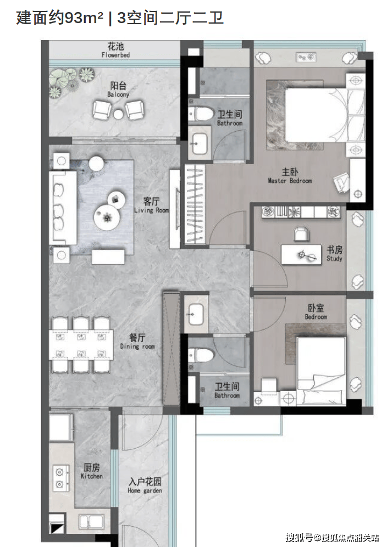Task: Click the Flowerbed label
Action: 115,55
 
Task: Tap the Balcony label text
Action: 118,94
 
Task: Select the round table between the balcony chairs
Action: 119,114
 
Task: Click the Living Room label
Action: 152,210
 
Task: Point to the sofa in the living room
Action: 63,208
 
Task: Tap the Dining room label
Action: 137,347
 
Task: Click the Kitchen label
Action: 91,476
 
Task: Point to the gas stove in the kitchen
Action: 60,478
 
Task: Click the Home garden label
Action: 145,490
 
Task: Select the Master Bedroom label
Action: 290,181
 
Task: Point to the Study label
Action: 334,259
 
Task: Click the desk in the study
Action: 301,255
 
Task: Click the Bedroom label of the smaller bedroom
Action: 316,317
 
